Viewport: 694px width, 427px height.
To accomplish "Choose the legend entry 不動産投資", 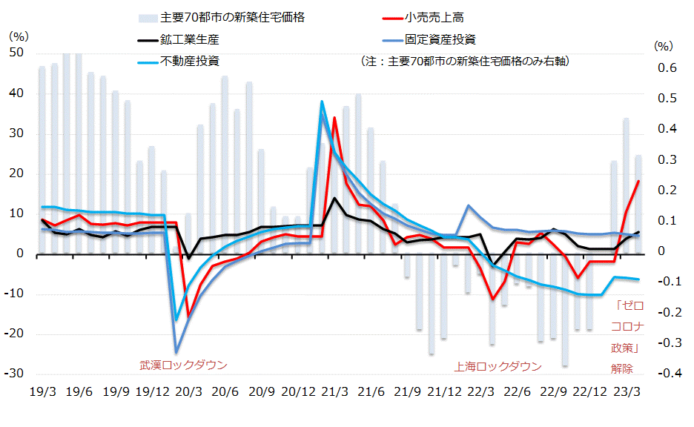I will [x=189, y=60].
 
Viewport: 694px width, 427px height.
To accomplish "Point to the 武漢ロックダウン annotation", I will [x=183, y=365].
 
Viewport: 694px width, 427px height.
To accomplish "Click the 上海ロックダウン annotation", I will [x=498, y=366].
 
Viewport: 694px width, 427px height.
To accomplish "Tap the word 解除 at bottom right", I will [x=622, y=368].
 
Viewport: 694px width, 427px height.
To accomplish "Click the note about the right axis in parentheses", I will [x=464, y=61].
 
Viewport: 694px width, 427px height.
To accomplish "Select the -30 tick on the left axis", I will [x=15, y=374].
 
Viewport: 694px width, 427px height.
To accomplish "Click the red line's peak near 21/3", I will [x=334, y=118].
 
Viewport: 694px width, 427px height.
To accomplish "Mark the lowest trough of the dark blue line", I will [x=176, y=353].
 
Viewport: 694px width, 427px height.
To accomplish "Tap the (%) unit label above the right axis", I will [x=662, y=46].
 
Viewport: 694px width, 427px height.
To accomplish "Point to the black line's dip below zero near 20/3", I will [x=188, y=258].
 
